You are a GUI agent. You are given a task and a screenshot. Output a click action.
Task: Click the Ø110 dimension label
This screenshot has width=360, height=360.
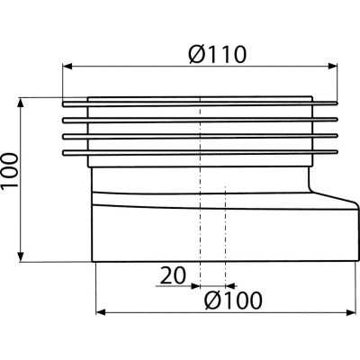[x=218, y=54]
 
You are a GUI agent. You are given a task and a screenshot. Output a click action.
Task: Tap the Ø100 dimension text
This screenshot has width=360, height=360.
[x=233, y=301]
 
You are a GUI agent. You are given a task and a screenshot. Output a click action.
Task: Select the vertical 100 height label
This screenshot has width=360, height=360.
[x=10, y=171]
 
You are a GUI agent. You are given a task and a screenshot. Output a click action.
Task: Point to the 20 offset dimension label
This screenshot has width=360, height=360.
[x=173, y=275]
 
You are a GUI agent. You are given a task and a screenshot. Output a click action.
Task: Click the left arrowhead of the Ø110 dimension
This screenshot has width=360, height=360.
[x=67, y=67]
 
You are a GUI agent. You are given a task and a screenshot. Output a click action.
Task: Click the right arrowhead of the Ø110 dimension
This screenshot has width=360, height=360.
[x=333, y=67]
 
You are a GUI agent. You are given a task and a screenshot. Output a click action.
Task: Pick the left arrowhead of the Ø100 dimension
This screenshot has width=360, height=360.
[x=101, y=312]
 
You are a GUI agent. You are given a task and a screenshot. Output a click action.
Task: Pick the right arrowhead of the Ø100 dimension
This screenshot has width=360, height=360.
[x=351, y=312]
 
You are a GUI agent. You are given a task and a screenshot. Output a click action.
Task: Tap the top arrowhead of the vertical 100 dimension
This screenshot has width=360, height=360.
[x=21, y=103]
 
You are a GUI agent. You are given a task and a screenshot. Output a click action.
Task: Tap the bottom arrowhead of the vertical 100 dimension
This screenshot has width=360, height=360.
[x=21, y=256]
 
